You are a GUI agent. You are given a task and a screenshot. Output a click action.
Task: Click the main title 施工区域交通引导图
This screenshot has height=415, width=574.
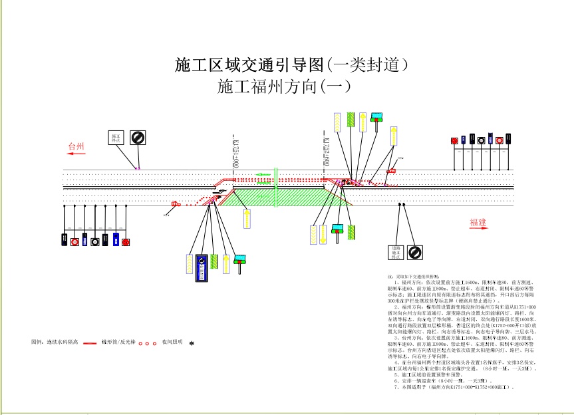249,65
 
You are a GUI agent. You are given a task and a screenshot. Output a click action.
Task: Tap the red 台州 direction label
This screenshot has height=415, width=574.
76,144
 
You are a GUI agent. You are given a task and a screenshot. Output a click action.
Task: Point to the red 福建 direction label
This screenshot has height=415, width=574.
478,222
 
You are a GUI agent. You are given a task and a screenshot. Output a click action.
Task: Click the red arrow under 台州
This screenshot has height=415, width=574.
75,154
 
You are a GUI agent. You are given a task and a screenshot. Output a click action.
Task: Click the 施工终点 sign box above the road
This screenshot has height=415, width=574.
116,138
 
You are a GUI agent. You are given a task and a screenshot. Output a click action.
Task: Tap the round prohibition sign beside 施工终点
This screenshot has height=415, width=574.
138,137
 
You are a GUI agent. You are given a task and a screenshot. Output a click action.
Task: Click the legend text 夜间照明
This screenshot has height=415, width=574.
172,343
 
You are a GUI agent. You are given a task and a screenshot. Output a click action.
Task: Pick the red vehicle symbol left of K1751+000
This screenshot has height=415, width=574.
176,204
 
